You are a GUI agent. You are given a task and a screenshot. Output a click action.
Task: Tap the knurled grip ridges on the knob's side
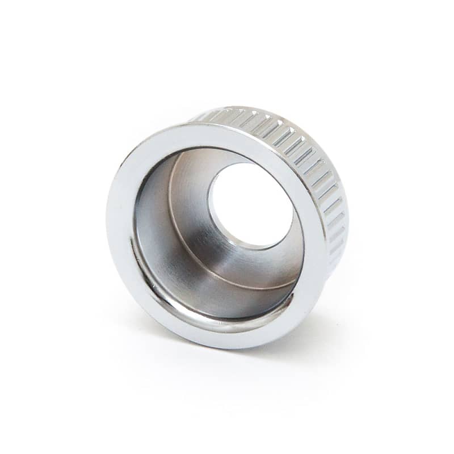(318, 165)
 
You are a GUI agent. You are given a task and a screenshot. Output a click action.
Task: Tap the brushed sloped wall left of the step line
(182, 250)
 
